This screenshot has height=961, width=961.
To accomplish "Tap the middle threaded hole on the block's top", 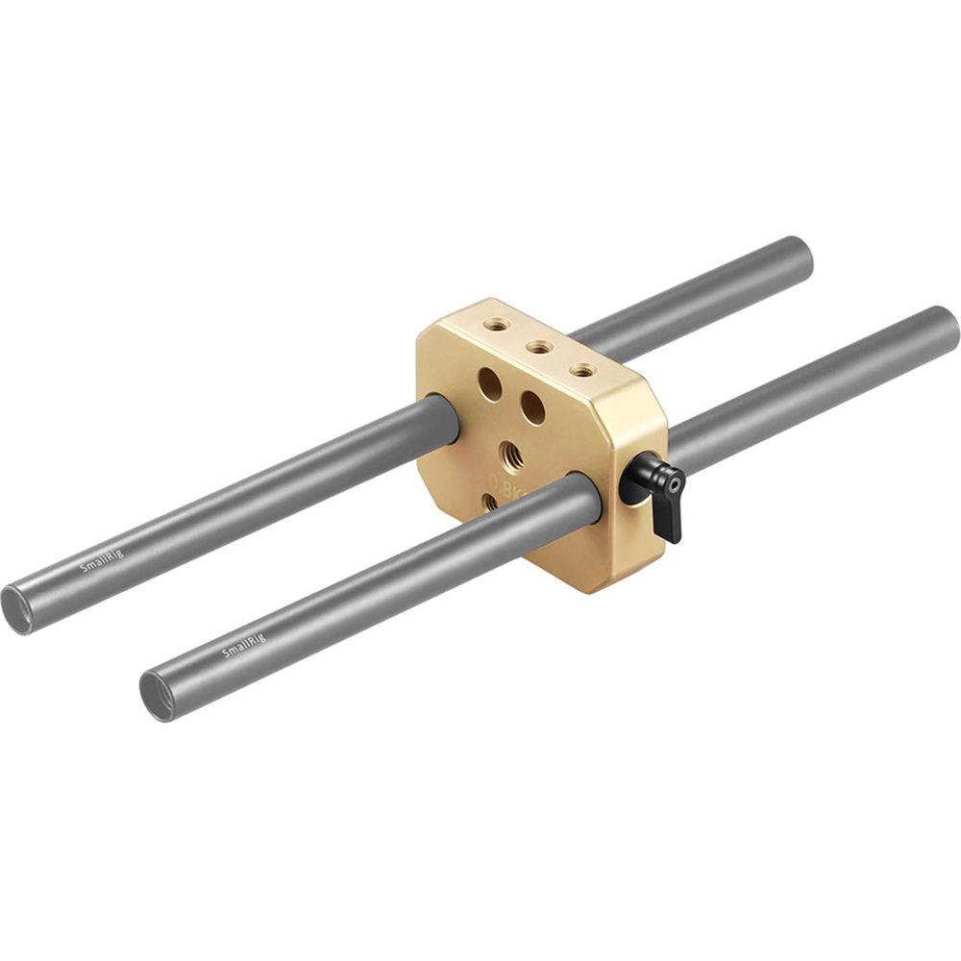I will pos(535,347).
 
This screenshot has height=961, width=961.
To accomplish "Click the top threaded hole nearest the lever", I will pos(579,368).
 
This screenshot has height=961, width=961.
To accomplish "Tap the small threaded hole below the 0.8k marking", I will pos(490,500).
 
